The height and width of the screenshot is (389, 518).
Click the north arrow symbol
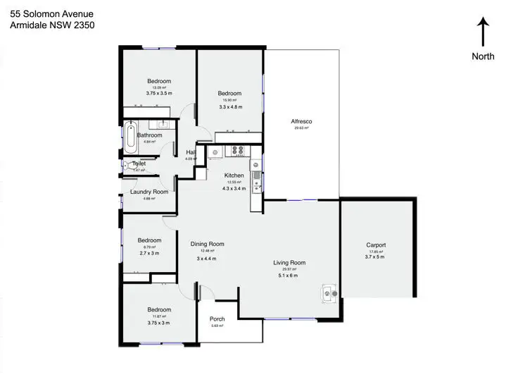click(x=483, y=32)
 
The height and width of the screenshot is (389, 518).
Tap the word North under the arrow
click(x=483, y=56)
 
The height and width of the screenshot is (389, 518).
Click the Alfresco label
click(x=301, y=121)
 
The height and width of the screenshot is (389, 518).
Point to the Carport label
click(x=376, y=245)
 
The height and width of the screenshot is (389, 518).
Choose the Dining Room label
click(x=207, y=244)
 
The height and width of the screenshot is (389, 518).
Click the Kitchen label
click(x=234, y=175)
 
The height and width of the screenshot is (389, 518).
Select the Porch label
click(x=217, y=319)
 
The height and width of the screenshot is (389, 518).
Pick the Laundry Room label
click(x=149, y=192)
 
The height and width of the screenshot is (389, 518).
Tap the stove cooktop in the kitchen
click(x=238, y=149)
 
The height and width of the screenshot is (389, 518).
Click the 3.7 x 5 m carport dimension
click(x=376, y=257)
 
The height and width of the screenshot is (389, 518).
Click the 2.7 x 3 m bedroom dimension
click(x=149, y=253)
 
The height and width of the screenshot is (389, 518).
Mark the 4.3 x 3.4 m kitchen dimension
click(x=234, y=189)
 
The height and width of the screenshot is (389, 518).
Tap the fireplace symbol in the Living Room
click(x=328, y=292)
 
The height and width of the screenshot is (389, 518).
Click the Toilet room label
click(x=139, y=163)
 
